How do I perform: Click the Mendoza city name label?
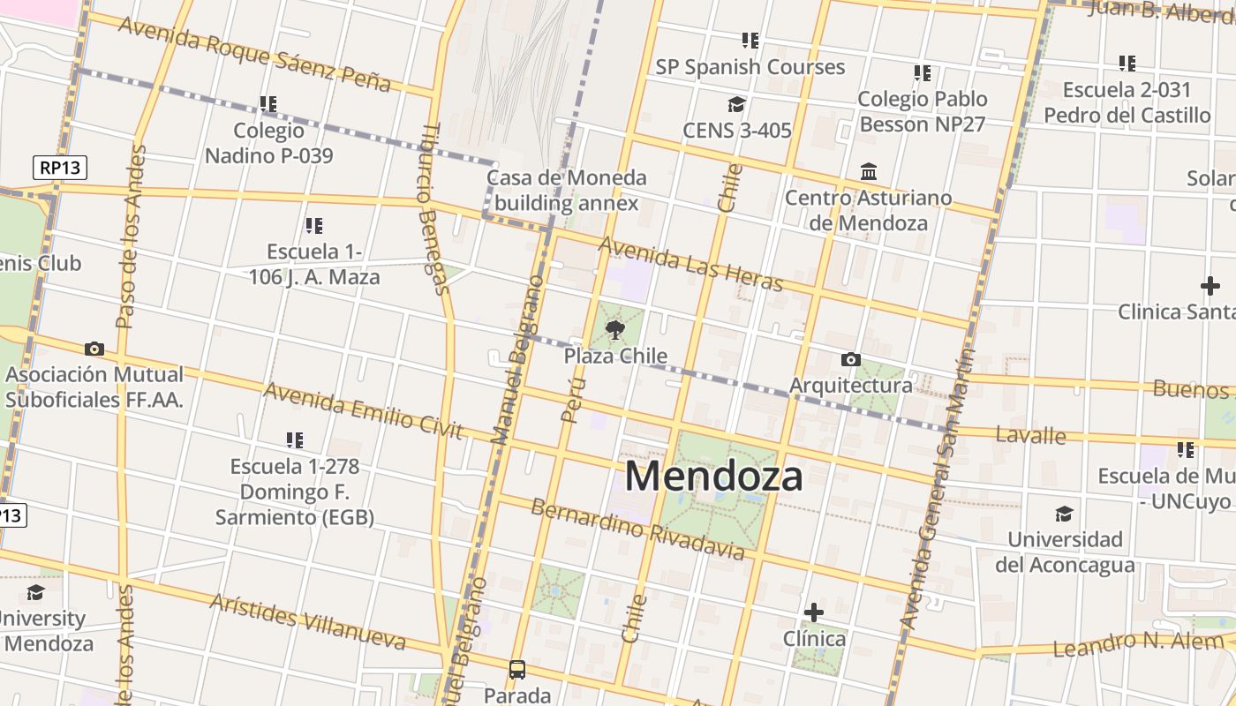tap(713, 477)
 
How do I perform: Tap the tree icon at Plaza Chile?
tap(614, 331)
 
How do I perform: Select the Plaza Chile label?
tap(615, 357)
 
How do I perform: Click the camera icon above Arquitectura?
tap(850, 359)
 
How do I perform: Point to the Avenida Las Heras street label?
tap(690, 262)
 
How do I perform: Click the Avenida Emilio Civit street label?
tap(363, 410)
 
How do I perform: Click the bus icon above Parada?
tap(517, 670)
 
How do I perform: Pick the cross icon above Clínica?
tap(814, 612)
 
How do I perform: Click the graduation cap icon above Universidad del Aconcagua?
tap(1064, 514)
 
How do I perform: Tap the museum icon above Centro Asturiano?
tap(869, 171)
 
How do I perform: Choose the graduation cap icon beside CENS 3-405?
tap(736, 105)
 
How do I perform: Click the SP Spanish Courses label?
tap(750, 67)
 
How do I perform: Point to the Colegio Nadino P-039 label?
tap(269, 143)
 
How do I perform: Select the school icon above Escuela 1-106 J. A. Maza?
tap(313, 226)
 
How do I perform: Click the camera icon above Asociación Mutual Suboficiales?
tap(94, 349)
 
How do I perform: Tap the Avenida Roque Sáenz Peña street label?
tap(254, 53)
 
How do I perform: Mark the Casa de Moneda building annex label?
tap(566, 190)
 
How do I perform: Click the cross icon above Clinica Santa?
tap(1210, 286)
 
